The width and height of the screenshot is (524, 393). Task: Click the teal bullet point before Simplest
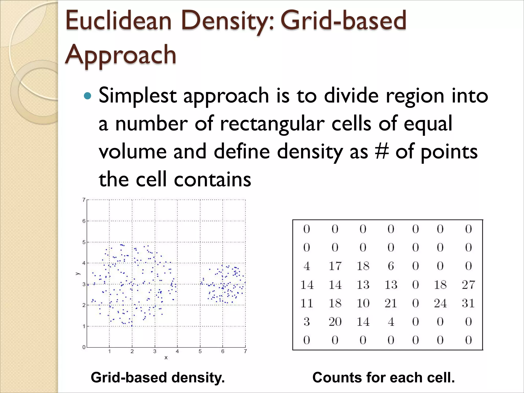click(x=88, y=96)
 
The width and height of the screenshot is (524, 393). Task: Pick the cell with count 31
click(x=468, y=303)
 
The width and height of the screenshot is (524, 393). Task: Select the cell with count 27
click(x=468, y=285)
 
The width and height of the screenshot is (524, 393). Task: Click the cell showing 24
click(x=440, y=303)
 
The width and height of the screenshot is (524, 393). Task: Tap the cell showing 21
click(x=391, y=303)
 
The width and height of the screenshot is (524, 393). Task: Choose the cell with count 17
click(x=335, y=266)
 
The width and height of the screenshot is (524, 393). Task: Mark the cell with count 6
click(x=391, y=266)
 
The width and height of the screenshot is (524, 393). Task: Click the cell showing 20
click(x=335, y=322)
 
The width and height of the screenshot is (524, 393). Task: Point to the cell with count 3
click(x=307, y=322)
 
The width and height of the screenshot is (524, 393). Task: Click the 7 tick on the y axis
click(x=84, y=200)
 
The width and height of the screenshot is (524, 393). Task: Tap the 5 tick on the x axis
click(x=200, y=351)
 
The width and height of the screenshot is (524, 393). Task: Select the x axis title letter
click(x=166, y=358)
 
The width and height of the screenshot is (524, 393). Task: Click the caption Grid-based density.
click(x=158, y=378)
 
